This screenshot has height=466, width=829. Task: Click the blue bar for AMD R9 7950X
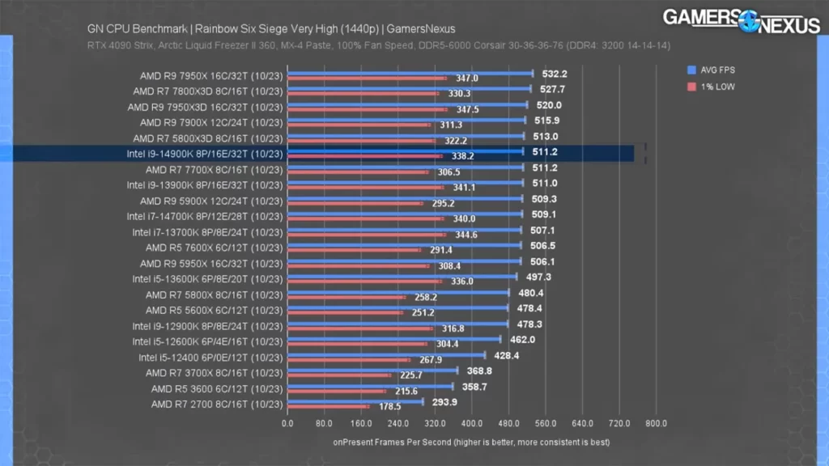(x=410, y=74)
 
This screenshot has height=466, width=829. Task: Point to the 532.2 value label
(x=555, y=74)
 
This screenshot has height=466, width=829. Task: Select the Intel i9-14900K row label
(x=205, y=154)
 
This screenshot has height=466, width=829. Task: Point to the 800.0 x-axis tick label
(x=657, y=423)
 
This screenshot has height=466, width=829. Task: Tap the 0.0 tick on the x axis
(x=287, y=423)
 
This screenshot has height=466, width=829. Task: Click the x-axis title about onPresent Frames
(x=471, y=443)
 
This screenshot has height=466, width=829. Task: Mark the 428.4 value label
(x=506, y=355)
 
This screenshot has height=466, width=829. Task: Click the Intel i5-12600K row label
(x=207, y=341)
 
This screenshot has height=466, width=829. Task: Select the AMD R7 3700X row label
(x=215, y=373)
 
